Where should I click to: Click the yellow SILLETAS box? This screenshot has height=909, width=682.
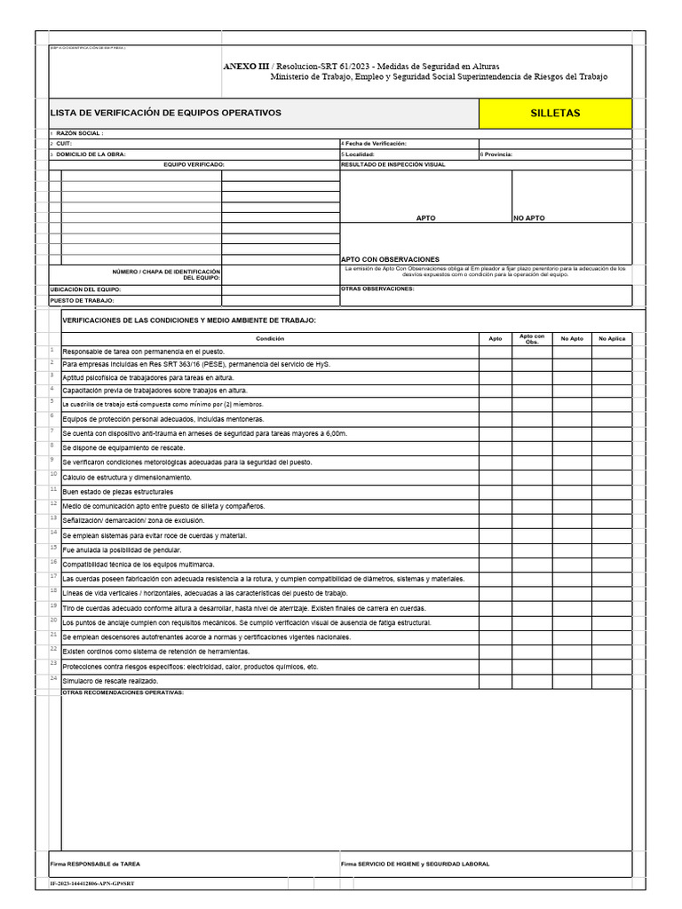tap(555, 114)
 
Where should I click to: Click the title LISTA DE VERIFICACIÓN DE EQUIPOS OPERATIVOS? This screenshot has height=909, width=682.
tap(166, 114)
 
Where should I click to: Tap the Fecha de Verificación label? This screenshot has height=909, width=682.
tap(375, 143)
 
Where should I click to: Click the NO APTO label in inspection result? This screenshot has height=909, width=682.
tap(529, 217)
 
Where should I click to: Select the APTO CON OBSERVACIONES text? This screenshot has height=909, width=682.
tap(390, 259)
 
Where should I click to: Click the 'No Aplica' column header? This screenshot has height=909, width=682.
tap(613, 338)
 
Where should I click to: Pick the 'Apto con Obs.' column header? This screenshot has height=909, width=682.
tap(532, 338)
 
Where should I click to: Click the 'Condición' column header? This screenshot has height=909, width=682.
tap(270, 338)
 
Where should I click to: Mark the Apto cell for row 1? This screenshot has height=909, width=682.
tap(496, 352)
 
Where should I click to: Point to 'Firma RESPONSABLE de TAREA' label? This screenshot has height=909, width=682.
tap(95, 864)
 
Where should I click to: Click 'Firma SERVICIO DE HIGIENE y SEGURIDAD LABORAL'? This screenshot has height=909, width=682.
tap(415, 864)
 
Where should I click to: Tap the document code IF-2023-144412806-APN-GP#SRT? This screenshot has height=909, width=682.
tap(91, 884)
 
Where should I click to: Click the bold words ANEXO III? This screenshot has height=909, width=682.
tap(244, 67)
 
